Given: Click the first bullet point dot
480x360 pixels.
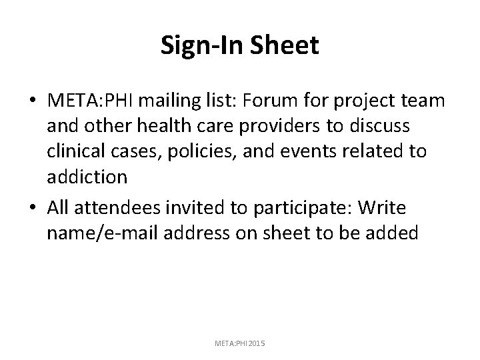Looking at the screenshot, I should point(33,101).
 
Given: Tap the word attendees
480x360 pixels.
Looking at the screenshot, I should point(111,209).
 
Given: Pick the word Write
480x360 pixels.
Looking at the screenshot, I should point(382,209).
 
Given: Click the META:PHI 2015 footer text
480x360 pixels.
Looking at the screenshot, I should point(240,343).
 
